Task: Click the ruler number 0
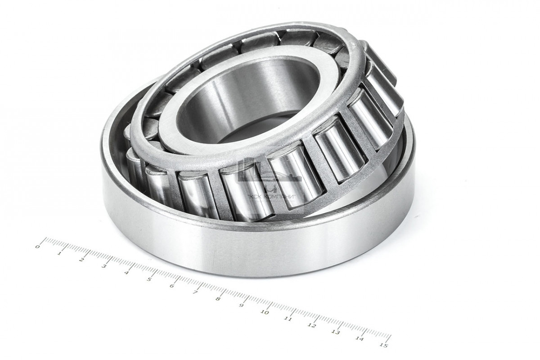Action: (x=37, y=247)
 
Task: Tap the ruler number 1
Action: (x=59, y=253)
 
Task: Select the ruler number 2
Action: (x=82, y=260)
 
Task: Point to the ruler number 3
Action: (x=104, y=266)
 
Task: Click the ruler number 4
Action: (x=126, y=273)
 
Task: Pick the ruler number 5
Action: (x=149, y=279)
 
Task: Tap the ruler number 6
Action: (x=172, y=286)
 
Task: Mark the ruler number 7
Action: (x=195, y=292)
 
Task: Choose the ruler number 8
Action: (x=218, y=299)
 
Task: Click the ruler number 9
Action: (x=241, y=306)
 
